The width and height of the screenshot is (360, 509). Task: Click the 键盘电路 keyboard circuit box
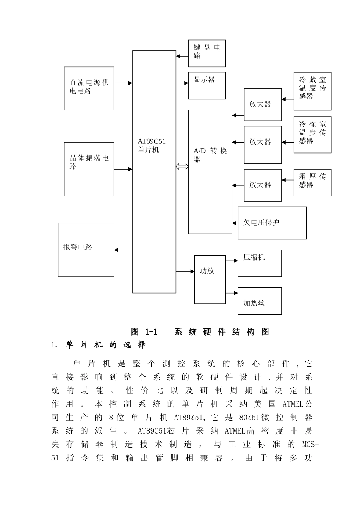pos(207,53)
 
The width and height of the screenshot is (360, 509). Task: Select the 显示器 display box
pos(207,86)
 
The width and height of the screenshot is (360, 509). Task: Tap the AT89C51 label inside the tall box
pos(152,141)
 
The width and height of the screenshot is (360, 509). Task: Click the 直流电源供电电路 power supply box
pos(89,88)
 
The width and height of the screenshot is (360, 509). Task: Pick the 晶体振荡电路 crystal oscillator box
pos(89,169)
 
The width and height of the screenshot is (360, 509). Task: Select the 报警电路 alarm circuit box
pos(86,250)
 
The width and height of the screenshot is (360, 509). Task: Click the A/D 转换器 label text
pos(210,155)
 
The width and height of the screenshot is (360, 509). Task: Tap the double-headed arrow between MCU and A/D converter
pos(182,167)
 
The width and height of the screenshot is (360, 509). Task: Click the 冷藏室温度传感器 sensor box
pos(312,91)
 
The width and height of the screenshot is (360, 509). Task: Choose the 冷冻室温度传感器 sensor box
pos(312,135)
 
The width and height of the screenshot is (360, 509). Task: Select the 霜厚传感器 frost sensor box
pos(312,182)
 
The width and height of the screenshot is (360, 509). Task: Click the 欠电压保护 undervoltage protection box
pos(272,223)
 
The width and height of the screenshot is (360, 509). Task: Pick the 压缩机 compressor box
pos(260,263)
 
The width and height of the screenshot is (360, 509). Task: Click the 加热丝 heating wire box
pos(260,301)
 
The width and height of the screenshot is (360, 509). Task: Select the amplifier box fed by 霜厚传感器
pos(263,185)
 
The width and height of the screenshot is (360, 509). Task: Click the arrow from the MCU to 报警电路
pos(123,250)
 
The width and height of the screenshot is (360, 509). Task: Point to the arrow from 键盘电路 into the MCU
pos(182,56)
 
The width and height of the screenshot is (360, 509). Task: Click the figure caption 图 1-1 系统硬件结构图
pos(200,332)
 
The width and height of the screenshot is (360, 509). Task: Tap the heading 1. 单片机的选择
pos(99,345)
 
